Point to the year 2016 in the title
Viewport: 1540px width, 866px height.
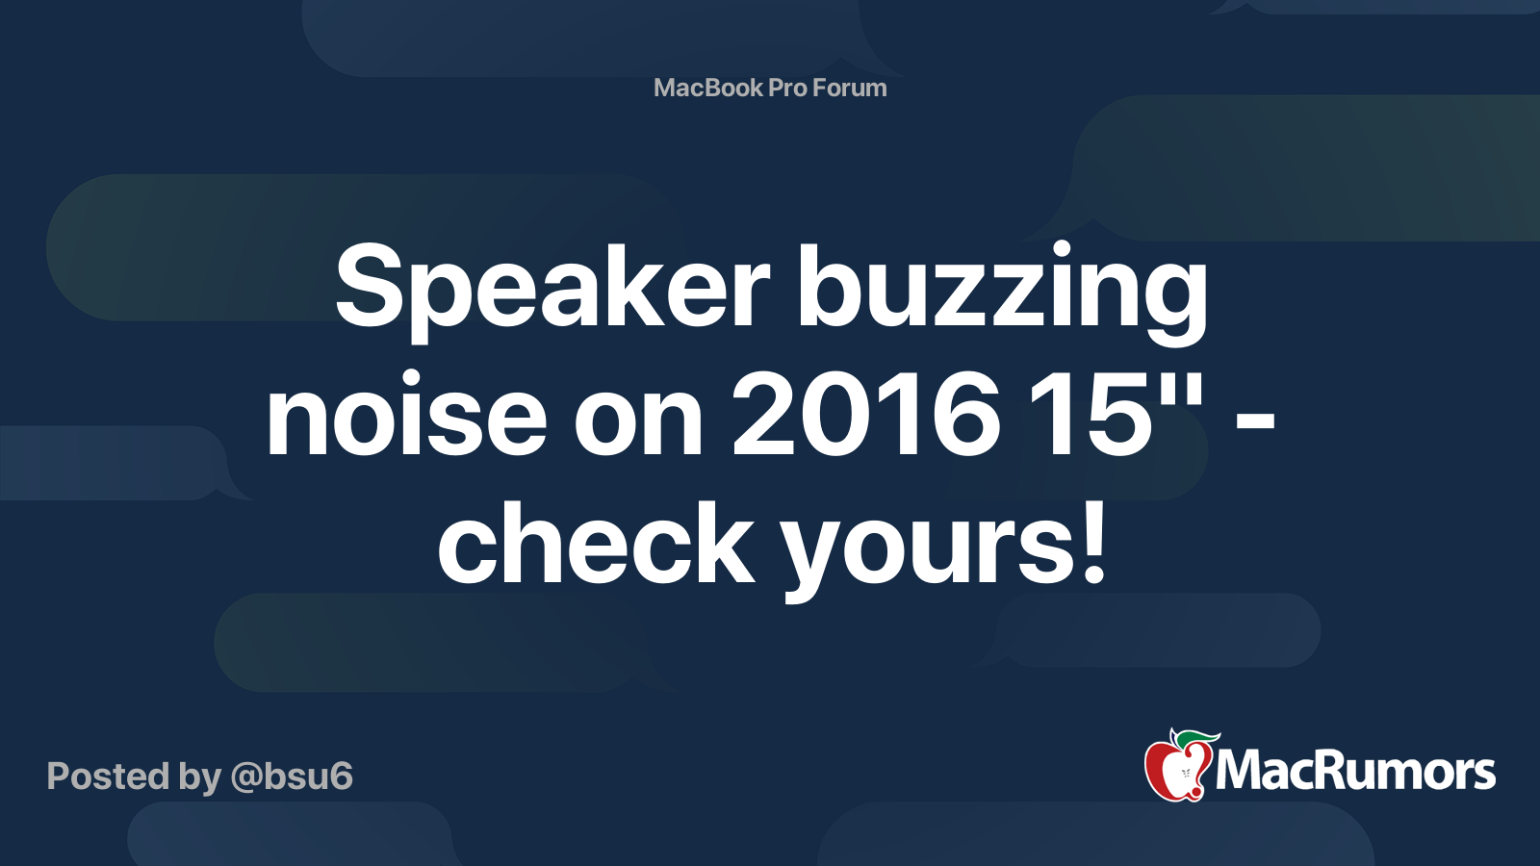pos(865,416)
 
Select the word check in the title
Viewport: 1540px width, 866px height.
pos(596,544)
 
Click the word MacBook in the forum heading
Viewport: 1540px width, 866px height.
pos(707,89)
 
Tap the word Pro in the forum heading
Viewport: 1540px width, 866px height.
pos(787,89)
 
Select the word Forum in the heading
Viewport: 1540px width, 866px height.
pos(849,89)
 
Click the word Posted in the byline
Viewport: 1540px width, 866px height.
pos(108,777)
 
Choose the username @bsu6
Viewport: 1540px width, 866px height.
pos(292,777)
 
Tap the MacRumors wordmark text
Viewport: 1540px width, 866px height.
pos(1355,772)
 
